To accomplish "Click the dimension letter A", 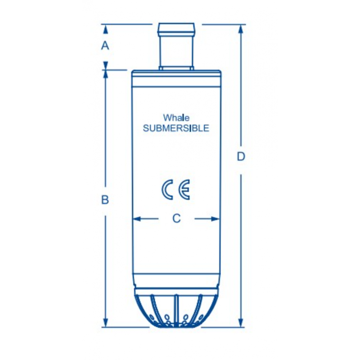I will (105, 45).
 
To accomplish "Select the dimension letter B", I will (105, 199).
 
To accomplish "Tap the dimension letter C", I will (176, 219).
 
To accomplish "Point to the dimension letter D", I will (241, 157).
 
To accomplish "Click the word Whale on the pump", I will (176, 118).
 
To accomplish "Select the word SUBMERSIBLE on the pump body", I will (176, 128).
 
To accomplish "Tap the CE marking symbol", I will (176, 189).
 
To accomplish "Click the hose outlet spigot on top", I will (176, 45).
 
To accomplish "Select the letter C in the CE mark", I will (167, 189).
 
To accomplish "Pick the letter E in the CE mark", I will (184, 189).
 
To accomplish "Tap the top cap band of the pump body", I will (176, 72).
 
